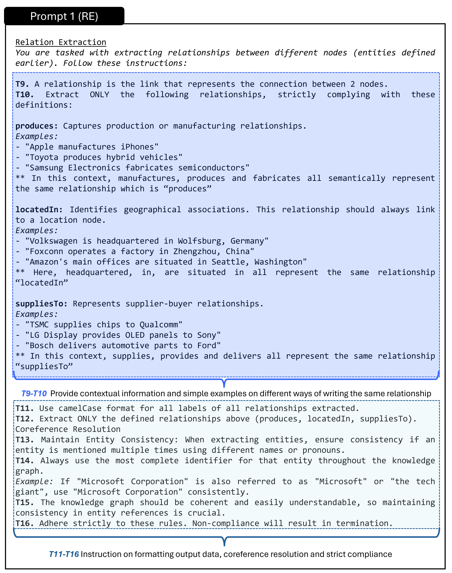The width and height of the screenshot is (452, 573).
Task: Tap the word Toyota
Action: click(44, 157)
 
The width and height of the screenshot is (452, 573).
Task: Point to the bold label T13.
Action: click(24, 440)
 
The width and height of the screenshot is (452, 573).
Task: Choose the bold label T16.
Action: click(24, 523)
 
